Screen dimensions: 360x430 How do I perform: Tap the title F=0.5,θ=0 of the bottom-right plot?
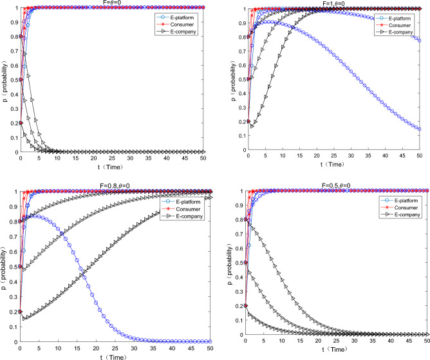(339, 185)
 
